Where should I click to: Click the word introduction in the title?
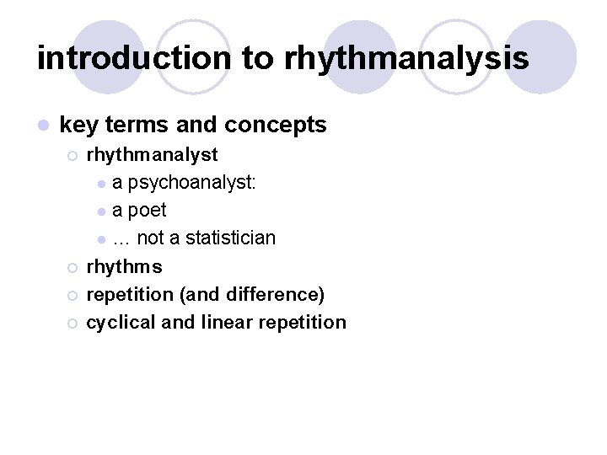[x=133, y=58]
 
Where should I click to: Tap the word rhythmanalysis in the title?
[x=406, y=58]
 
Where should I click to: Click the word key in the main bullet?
[x=79, y=126]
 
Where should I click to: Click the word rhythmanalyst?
[x=152, y=155]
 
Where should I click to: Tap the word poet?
[x=148, y=211]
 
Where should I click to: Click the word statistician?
[x=229, y=238]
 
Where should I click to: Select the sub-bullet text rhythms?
[x=124, y=267]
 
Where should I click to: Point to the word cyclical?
[x=121, y=323]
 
